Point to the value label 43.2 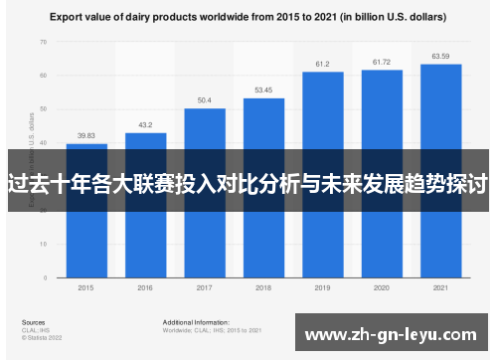click(x=145, y=125)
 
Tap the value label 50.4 click(x=204, y=100)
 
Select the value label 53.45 click(x=263, y=90)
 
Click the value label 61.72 click(x=382, y=63)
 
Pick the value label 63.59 click(x=440, y=56)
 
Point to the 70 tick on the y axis click(x=43, y=43)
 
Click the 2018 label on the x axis click(x=263, y=287)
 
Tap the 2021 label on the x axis click(x=440, y=287)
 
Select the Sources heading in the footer click(x=33, y=323)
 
